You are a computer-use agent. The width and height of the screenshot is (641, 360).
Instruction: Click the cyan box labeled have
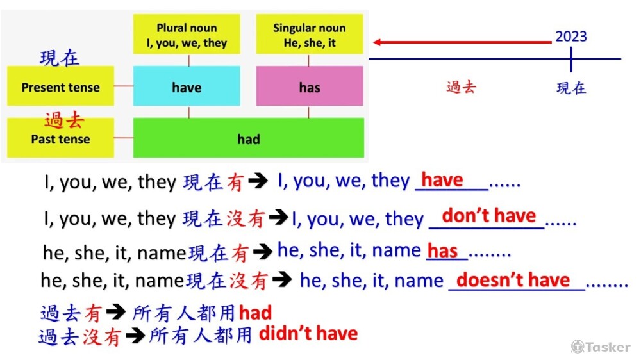point(187,87)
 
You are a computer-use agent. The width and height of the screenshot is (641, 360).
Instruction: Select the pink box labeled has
point(309,87)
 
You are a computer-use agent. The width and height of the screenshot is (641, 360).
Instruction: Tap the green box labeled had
point(248,138)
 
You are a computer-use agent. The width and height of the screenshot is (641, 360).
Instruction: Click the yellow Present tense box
point(60,87)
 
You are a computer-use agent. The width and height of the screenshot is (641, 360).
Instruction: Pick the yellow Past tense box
point(60,139)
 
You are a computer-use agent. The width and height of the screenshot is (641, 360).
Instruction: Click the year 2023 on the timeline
point(570,37)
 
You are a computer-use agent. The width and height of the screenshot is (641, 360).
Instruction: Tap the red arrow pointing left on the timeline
point(462,42)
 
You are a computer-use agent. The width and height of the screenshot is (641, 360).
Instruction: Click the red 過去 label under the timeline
point(461,87)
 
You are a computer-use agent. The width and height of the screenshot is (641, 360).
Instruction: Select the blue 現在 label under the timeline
point(570,88)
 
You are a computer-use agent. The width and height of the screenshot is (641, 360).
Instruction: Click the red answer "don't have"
point(488,216)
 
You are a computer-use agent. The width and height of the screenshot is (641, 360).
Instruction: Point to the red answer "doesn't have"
point(513,280)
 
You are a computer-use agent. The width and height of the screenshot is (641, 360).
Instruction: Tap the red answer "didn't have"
point(308,333)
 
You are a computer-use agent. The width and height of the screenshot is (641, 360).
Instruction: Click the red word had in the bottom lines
point(255,313)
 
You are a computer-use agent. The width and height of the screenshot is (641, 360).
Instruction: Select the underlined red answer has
point(442,250)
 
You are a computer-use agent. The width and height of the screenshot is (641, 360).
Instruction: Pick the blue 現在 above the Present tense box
point(59,58)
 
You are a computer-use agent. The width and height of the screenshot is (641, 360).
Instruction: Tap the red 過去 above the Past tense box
point(64,120)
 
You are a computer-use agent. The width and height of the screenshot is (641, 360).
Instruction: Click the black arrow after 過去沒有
point(135,335)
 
